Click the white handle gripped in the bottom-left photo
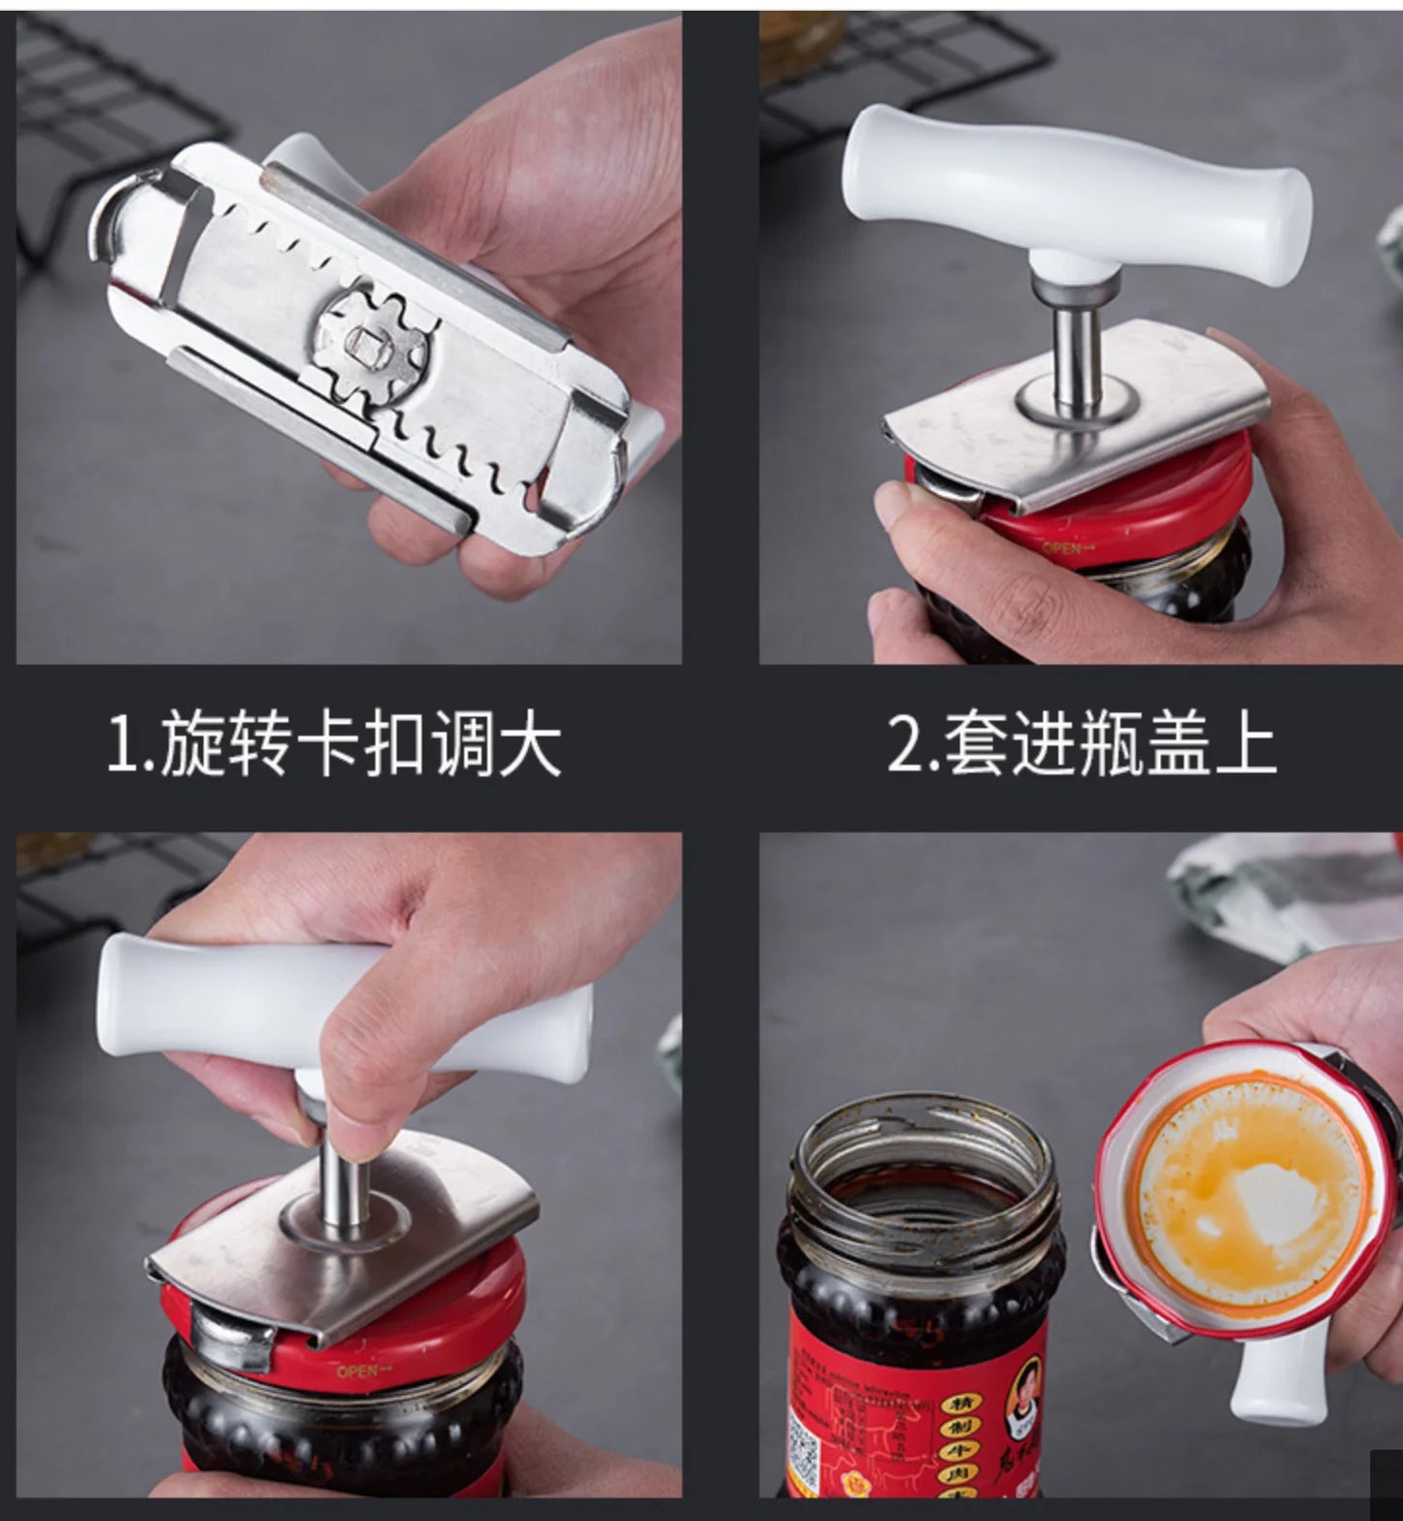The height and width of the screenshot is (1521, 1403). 243,1000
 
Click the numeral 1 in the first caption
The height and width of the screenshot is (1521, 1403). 124,745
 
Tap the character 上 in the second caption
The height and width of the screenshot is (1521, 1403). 1243,745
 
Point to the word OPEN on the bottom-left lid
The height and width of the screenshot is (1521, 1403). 357,1371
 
